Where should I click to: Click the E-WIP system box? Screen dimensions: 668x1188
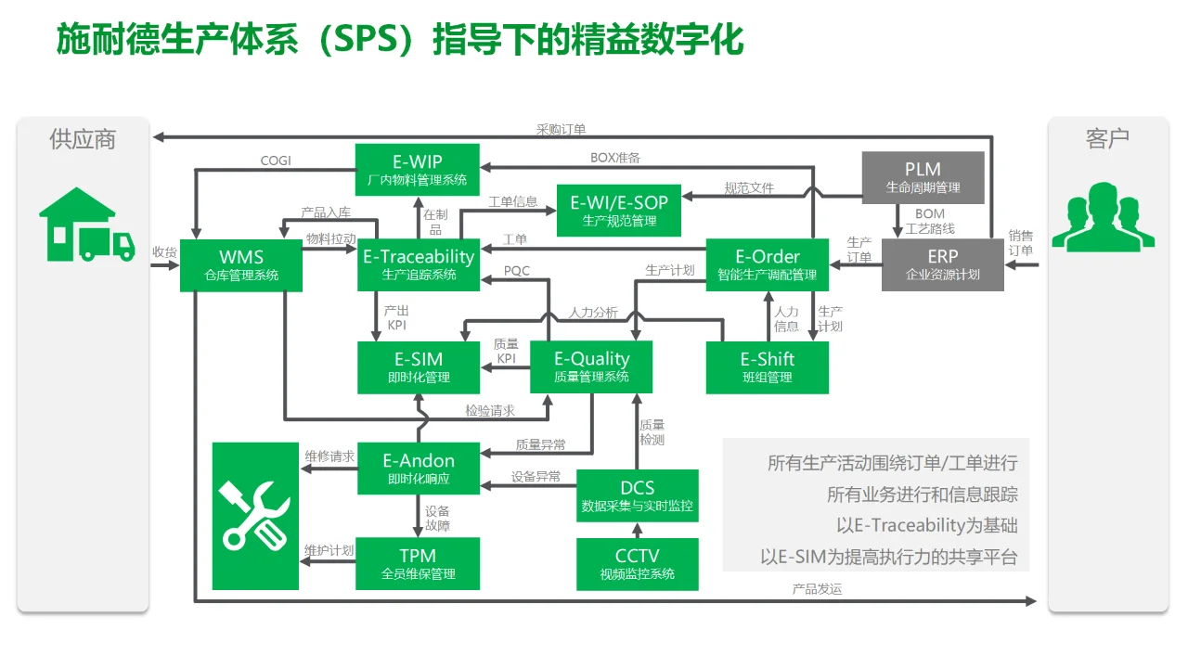pos(418,170)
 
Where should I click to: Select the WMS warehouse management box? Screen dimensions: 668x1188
pos(241,264)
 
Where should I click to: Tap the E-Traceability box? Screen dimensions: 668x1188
pos(419,264)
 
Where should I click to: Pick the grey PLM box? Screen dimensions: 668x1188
pos(923,177)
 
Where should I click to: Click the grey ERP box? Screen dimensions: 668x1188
pos(942,264)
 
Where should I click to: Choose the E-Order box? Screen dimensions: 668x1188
pos(767,264)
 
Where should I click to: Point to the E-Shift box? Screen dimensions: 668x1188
pos(767,366)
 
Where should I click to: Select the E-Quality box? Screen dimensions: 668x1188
pos(591,366)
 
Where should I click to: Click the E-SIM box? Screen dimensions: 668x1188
pos(419,366)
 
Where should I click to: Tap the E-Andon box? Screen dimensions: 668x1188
pos(419,469)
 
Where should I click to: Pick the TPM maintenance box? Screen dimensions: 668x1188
pos(418,563)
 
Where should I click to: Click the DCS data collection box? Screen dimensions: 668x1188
pos(637,495)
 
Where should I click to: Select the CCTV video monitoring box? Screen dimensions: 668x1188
pos(637,564)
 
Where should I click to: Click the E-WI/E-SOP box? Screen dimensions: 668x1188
pos(619,210)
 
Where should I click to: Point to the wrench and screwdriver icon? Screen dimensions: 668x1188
pos(255,516)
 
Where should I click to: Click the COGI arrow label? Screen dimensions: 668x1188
pos(276,161)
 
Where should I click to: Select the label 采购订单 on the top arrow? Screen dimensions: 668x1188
pos(561,130)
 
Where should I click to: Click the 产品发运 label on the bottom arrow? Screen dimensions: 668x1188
pos(817,589)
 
